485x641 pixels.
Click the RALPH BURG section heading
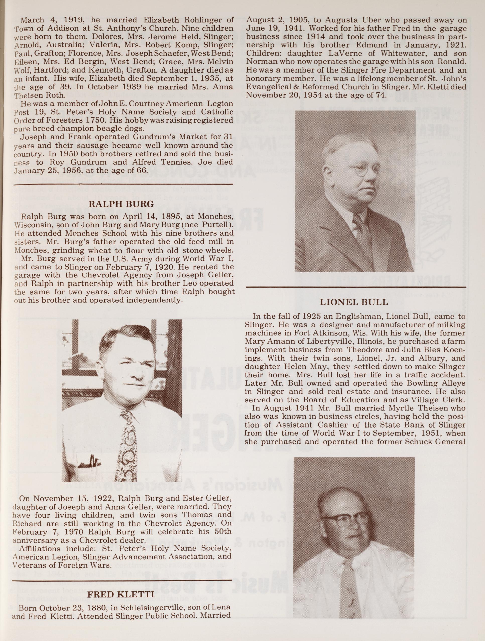pyautogui.click(x=120, y=204)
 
